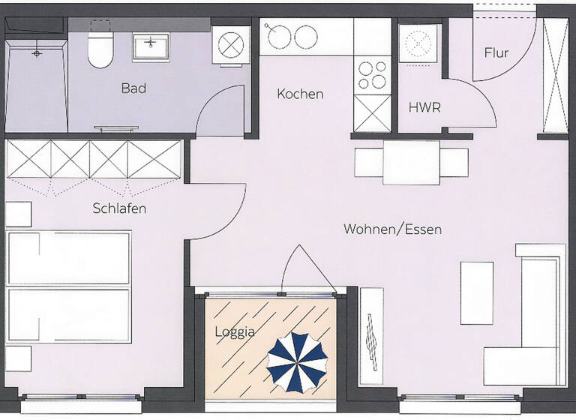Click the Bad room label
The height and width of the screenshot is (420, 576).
tap(133, 88)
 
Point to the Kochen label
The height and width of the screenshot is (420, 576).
tap(300, 94)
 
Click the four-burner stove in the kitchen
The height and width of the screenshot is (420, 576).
tap(371, 74)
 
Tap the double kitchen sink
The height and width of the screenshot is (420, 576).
tap(293, 37)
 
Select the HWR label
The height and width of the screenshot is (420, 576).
tap(424, 108)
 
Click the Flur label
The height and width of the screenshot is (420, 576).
tap(496, 53)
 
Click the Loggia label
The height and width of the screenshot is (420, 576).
tap(234, 332)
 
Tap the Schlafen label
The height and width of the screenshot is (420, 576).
tap(119, 208)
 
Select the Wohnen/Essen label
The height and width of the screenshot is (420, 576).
tap(392, 229)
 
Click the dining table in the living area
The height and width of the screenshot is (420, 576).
tap(411, 162)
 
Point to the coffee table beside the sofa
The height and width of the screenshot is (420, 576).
tap(476, 292)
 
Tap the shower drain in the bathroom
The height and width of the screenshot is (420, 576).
tap(35, 54)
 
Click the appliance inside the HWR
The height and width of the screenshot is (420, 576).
tap(419, 44)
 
